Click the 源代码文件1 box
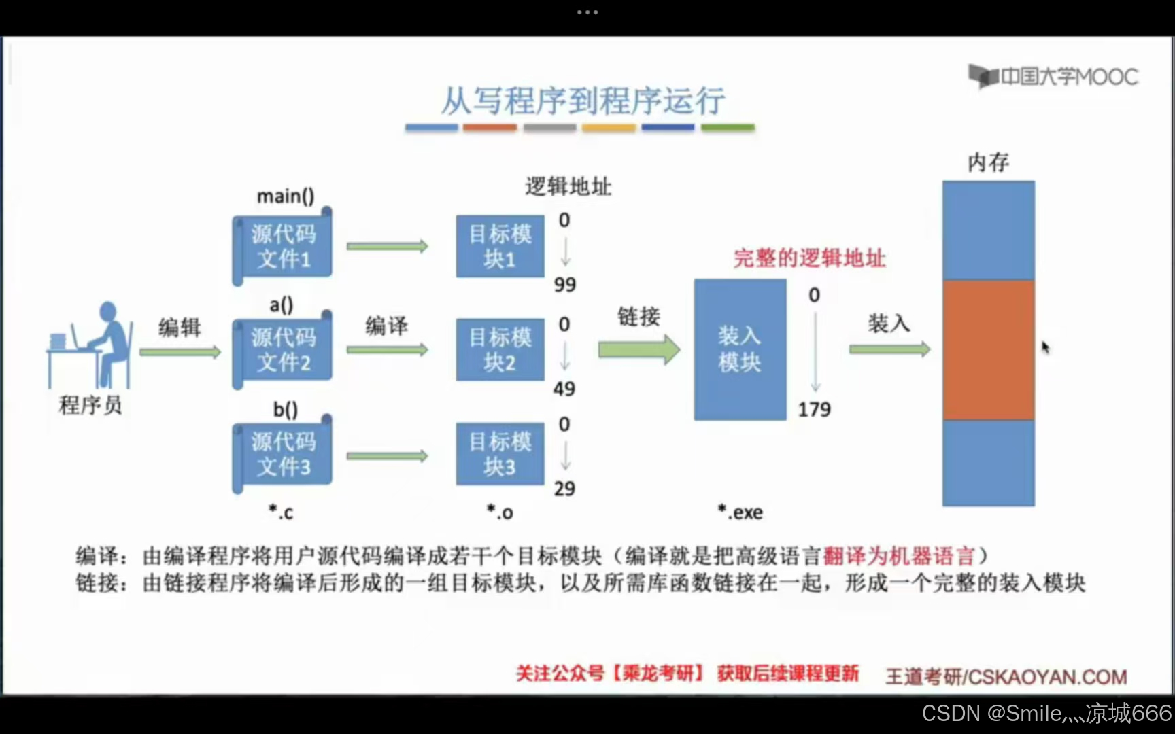pyautogui.click(x=283, y=247)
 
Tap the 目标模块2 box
pyautogui.click(x=500, y=349)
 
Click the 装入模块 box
pyautogui.click(x=740, y=349)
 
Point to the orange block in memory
pyautogui.click(x=988, y=349)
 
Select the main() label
pyautogui.click(x=286, y=196)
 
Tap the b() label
pyautogui.click(x=286, y=409)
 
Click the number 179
pyautogui.click(x=814, y=409)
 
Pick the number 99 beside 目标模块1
pyautogui.click(x=564, y=284)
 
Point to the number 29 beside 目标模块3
pyautogui.click(x=564, y=488)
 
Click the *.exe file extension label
pyautogui.click(x=740, y=512)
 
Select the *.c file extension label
pyautogui.click(x=280, y=512)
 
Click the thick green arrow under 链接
pyautogui.click(x=638, y=349)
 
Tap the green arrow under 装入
pyautogui.click(x=889, y=349)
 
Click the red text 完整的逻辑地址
pyautogui.click(x=809, y=258)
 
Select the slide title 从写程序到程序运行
pyautogui.click(x=583, y=101)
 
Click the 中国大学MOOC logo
pyautogui.click(x=1053, y=76)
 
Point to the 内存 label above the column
pyautogui.click(x=988, y=162)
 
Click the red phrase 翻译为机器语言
pyautogui.click(x=899, y=556)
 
